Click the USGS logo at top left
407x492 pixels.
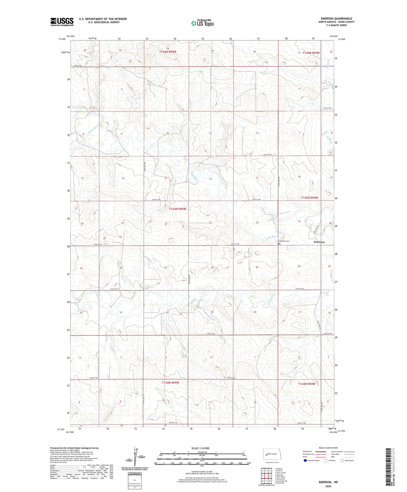pyautogui.click(x=62, y=22)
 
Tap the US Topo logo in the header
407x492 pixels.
pyautogui.click(x=202, y=23)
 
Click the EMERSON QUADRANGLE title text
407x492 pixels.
pyautogui.click(x=336, y=18)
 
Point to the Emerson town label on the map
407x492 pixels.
pyautogui.click(x=319, y=242)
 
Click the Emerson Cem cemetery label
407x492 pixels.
pyautogui.click(x=284, y=241)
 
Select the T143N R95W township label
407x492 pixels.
pyautogui.click(x=178, y=209)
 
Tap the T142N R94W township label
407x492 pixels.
pyautogui.click(x=307, y=384)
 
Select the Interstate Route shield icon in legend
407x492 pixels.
pyautogui.click(x=305, y=460)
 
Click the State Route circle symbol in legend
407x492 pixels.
pyautogui.click(x=342, y=460)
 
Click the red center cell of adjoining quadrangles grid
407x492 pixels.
pyautogui.click(x=266, y=475)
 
